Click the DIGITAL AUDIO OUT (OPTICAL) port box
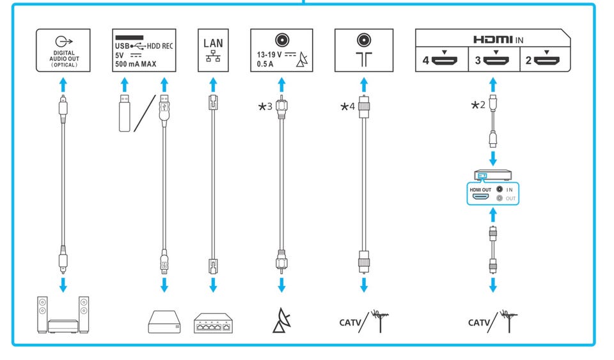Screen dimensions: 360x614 (x=63, y=49)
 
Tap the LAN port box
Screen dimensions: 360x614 (x=214, y=49)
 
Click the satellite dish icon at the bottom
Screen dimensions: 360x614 (x=281, y=321)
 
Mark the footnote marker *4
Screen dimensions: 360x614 (x=349, y=106)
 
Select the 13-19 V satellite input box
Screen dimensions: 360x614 (x=281, y=49)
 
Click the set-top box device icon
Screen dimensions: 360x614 (x=492, y=175)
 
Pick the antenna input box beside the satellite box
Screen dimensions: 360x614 (x=364, y=49)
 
